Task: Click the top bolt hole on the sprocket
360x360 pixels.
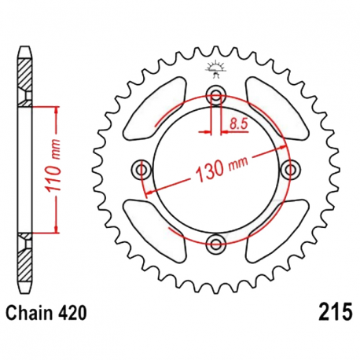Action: [216, 96]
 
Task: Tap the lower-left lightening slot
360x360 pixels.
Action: [161, 229]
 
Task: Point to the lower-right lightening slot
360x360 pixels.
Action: [271, 229]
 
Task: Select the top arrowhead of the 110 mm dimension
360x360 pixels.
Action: [57, 108]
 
